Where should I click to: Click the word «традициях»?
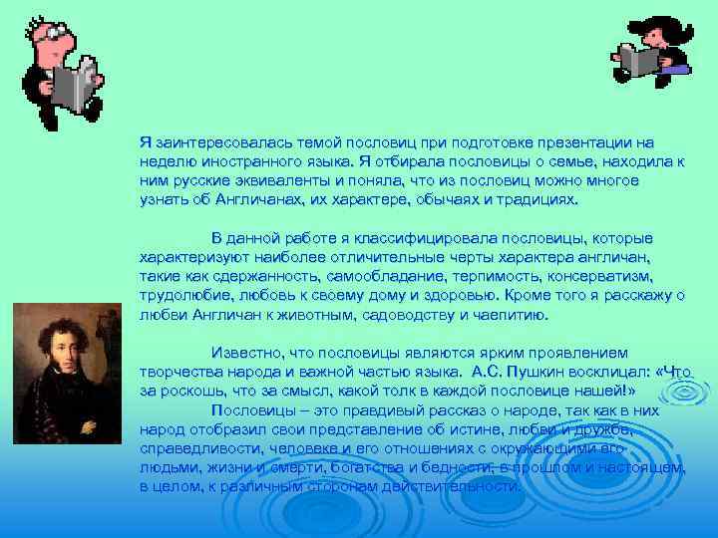534,198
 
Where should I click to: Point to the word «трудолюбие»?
180,296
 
